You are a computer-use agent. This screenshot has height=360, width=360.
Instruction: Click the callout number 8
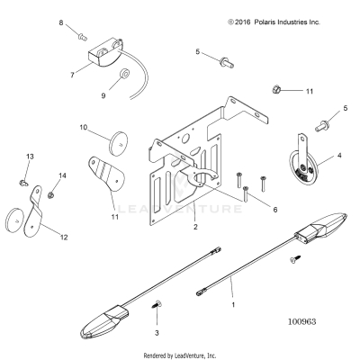pyautogui.click(x=61, y=22)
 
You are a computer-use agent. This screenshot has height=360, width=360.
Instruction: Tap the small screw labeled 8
pyautogui.click(x=82, y=37)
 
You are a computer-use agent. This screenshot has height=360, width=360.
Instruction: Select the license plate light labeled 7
pyautogui.click(x=105, y=52)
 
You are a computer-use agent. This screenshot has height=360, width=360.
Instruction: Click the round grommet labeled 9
pyautogui.click(x=124, y=73)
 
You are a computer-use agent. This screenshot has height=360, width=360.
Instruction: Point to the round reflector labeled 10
pyautogui.click(x=118, y=143)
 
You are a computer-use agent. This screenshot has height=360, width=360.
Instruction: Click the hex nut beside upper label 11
pyautogui.click(x=276, y=89)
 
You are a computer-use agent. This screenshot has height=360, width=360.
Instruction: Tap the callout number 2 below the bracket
pyautogui.click(x=195, y=227)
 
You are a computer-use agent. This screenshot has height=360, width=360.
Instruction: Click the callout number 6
pyautogui.click(x=275, y=210)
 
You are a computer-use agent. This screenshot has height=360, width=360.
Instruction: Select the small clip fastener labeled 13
pyautogui.click(x=23, y=182)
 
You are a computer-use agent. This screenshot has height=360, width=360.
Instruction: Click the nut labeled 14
pyautogui.click(x=50, y=195)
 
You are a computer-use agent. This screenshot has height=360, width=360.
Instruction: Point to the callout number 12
pyautogui.click(x=64, y=238)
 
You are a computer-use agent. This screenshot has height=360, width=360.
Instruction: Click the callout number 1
pyautogui.click(x=233, y=305)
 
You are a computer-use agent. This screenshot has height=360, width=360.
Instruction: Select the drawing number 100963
pyautogui.click(x=302, y=321)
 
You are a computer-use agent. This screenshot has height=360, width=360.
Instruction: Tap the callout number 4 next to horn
pyautogui.click(x=339, y=156)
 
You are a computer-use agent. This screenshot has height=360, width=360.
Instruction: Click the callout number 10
pyautogui.click(x=84, y=128)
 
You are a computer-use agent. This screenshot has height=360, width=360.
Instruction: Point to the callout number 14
pyautogui.click(x=62, y=175)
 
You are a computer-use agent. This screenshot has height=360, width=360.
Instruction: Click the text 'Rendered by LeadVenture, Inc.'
pyautogui.click(x=180, y=355)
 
